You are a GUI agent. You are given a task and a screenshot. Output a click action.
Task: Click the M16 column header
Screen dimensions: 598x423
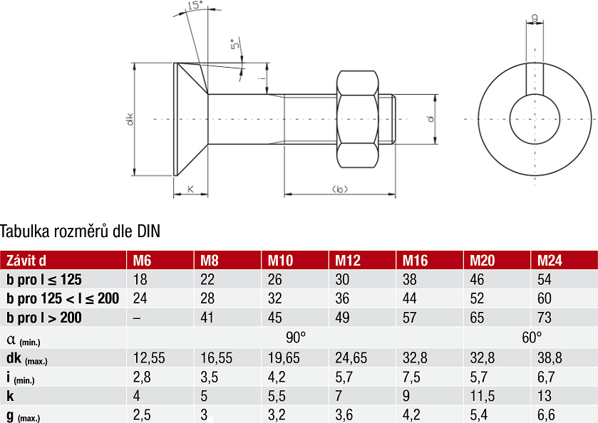(415, 260)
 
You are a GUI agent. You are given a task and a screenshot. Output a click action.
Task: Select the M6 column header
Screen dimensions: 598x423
(142, 260)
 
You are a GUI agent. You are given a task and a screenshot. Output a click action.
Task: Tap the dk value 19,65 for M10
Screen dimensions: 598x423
(284, 357)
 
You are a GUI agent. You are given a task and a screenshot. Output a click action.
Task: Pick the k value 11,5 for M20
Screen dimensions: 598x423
(482, 396)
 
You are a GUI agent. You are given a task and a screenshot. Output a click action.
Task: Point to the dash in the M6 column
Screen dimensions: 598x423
(138, 318)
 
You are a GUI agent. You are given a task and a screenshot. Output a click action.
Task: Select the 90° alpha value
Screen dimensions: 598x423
(296, 338)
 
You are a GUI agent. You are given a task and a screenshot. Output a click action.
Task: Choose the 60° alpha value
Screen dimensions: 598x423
(532, 338)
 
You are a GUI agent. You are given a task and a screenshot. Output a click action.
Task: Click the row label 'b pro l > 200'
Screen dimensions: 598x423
(44, 318)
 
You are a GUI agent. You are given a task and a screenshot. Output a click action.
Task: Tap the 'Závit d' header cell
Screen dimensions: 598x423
(26, 260)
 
